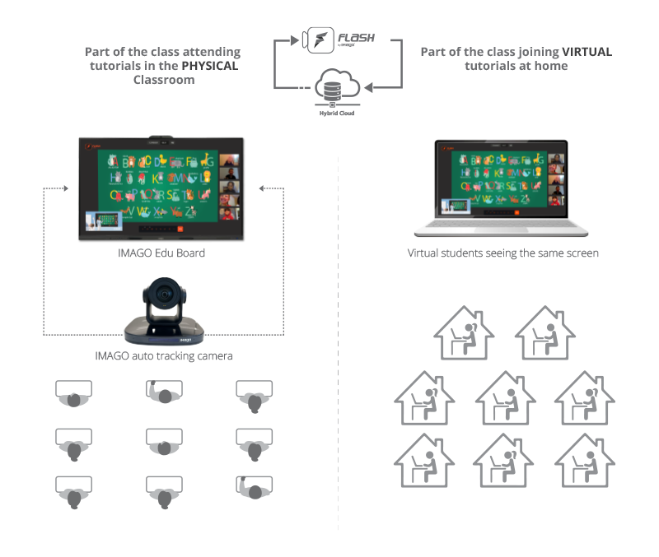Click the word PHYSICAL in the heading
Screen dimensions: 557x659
pyautogui.click(x=209, y=66)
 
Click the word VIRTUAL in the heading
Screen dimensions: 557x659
pyautogui.click(x=587, y=51)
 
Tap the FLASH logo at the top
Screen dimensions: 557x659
pyautogui.click(x=334, y=39)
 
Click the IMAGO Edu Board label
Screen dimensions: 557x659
pyautogui.click(x=161, y=253)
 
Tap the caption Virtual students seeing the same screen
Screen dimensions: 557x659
pyautogui.click(x=502, y=253)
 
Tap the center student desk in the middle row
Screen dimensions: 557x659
pyautogui.click(x=164, y=443)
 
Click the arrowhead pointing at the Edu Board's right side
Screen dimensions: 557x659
pyautogui.click(x=261, y=188)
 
